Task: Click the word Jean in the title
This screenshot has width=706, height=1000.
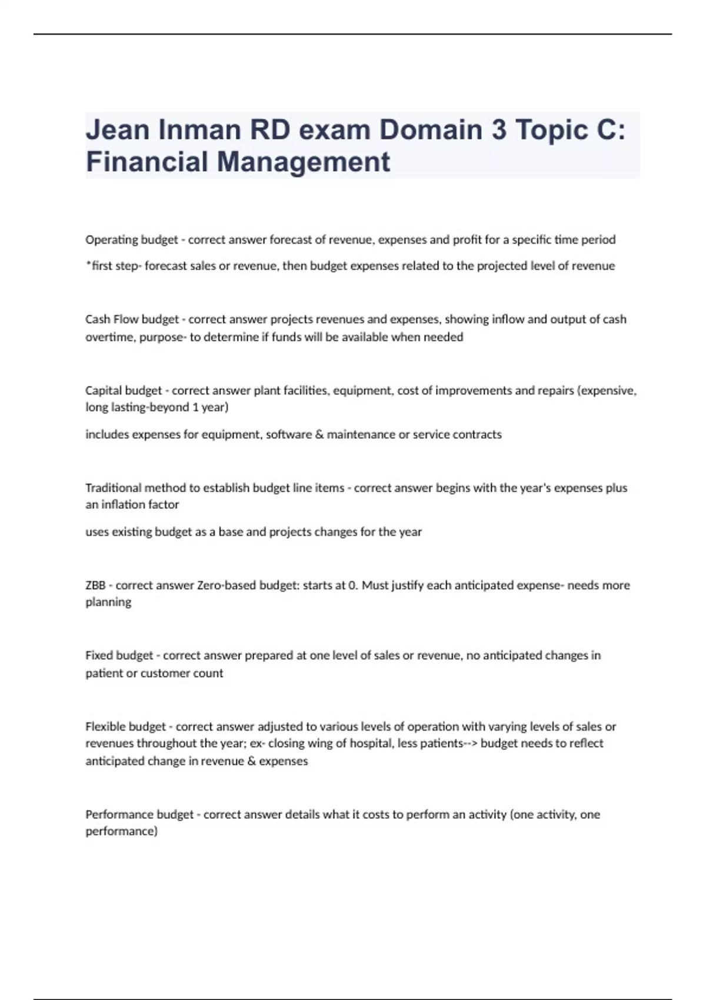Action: point(118,130)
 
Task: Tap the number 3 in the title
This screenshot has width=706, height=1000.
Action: point(498,130)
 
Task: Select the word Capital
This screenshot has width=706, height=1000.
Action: point(104,391)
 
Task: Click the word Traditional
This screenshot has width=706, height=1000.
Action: point(114,488)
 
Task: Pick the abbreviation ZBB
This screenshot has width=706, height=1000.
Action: point(95,585)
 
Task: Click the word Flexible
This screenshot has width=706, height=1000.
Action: point(105,726)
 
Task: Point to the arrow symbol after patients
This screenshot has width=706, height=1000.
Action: point(471,744)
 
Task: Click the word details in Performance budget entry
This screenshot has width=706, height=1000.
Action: point(302,815)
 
